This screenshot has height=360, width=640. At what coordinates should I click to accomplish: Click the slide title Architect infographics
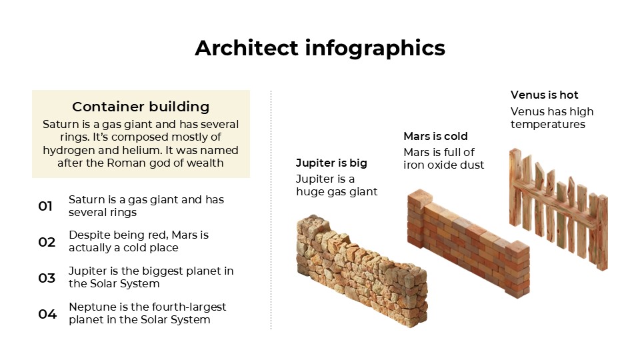tap(320, 48)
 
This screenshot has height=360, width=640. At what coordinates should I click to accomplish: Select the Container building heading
tap(141, 107)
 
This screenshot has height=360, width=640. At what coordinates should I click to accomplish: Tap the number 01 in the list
tap(45, 206)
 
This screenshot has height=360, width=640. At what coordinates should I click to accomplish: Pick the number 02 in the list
tap(47, 242)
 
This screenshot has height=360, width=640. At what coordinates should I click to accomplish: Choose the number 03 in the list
tap(47, 278)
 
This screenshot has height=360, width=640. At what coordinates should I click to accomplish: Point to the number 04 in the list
tap(47, 314)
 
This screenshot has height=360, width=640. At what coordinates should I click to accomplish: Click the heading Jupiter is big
tap(331, 163)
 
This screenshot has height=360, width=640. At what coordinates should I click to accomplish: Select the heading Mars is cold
tap(435, 137)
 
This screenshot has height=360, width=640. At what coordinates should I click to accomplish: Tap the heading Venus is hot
tap(544, 95)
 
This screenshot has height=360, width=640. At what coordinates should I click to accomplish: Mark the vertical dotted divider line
tap(271, 210)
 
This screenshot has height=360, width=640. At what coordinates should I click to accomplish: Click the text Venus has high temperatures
tap(551, 118)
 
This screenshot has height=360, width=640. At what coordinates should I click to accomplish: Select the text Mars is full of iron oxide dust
tap(443, 159)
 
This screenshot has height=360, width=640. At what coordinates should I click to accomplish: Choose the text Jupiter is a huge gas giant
tap(336, 185)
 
